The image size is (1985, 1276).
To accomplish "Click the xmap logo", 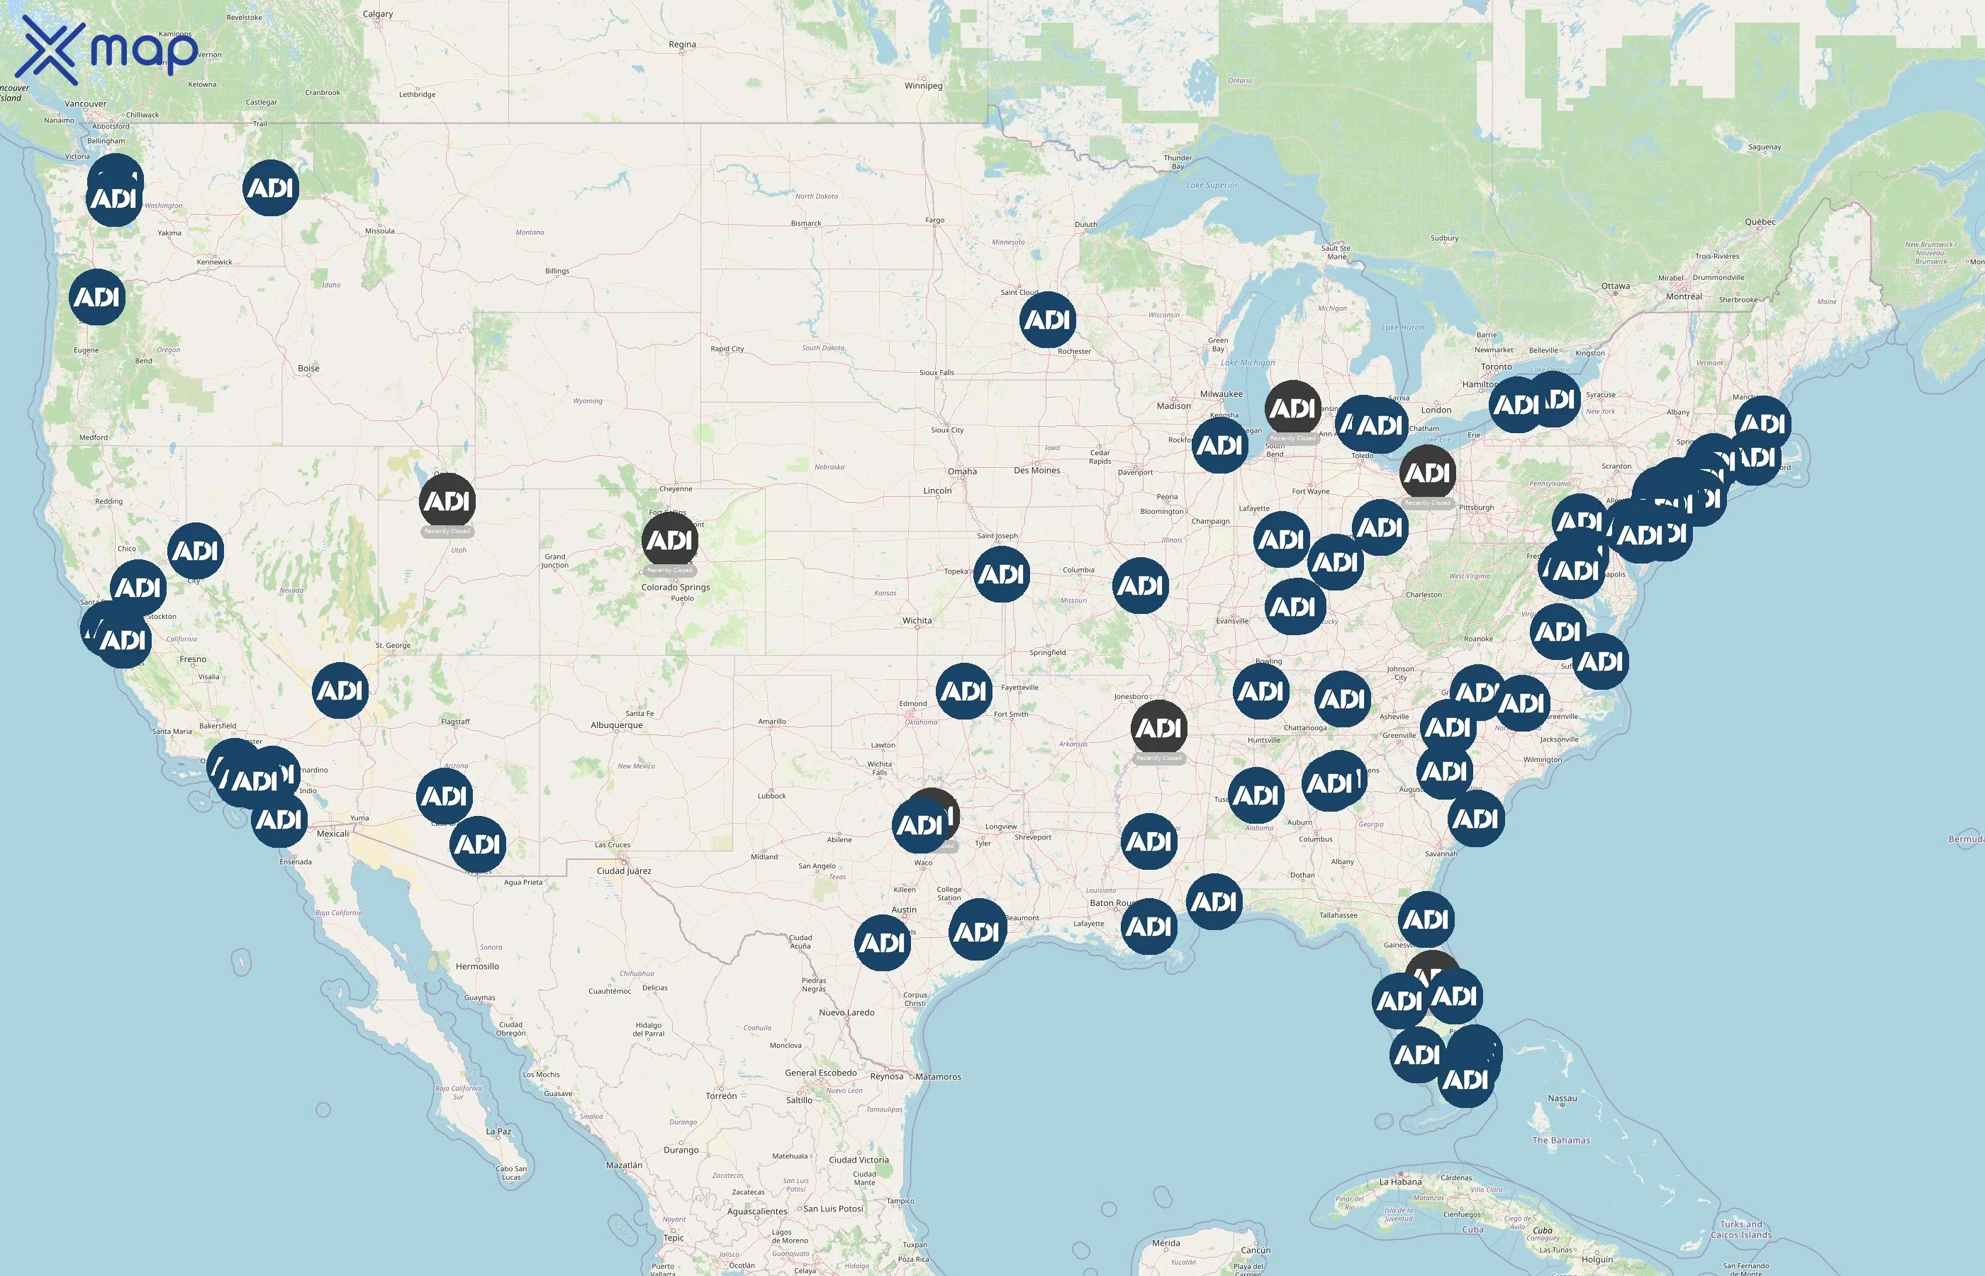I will point(108,50).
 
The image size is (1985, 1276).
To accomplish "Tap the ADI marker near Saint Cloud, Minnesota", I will point(1047,320).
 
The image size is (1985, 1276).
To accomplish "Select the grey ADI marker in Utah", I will point(447,501).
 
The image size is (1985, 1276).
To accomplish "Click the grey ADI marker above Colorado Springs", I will point(669,540).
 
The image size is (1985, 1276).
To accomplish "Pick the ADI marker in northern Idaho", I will point(270,188).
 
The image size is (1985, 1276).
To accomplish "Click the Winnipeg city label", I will point(923,85).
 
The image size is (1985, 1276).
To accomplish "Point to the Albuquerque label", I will point(616,725).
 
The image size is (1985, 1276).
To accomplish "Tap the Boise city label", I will point(308,368).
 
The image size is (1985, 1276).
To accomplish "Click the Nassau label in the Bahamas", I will point(1562,1098).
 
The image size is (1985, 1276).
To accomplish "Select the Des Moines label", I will point(1036,471).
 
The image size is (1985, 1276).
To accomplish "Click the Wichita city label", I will point(916,620).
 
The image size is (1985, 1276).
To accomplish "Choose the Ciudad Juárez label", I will point(624,871).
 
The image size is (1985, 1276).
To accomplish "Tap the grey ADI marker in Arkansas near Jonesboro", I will point(1158,728).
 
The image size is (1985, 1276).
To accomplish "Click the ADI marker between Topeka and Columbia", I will point(1002,574).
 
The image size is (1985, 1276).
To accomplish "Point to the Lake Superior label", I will point(1212,185).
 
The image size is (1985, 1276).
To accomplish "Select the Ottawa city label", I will point(1615,286).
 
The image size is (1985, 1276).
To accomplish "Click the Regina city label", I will point(682,44).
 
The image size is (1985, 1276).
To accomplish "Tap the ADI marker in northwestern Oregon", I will point(98,296).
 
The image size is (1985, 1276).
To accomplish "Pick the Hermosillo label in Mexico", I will point(477,966).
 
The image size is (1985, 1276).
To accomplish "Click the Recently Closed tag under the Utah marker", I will point(447,531).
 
